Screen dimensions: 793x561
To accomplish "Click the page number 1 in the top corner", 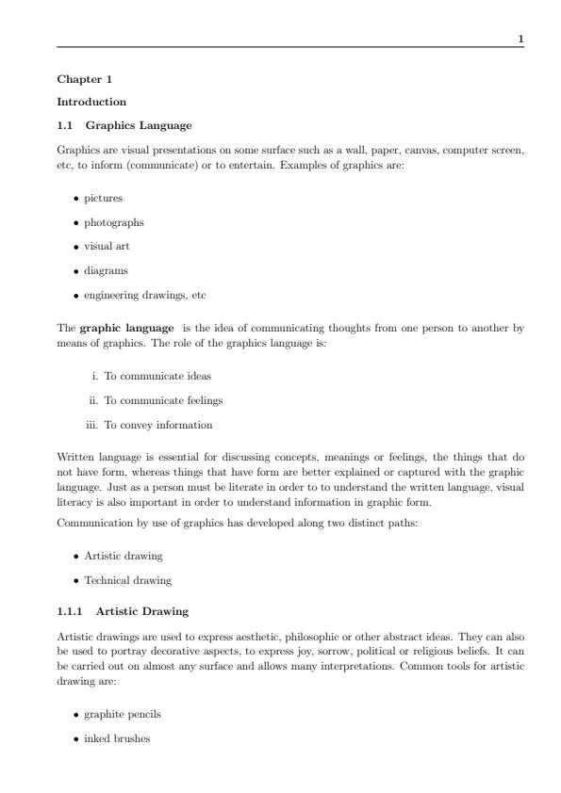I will (x=521, y=39).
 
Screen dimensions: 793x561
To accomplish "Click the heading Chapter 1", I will (x=84, y=79).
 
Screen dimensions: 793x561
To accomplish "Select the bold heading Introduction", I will (x=91, y=102).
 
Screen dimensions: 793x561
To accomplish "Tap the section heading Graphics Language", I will (x=138, y=124).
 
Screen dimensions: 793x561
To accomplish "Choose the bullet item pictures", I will (x=103, y=198).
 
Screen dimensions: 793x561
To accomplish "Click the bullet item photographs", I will (x=113, y=222).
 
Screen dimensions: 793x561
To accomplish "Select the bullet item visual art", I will (x=107, y=246).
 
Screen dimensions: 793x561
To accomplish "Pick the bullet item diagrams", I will (x=106, y=270).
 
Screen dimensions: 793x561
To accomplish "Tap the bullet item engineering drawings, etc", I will (x=144, y=295).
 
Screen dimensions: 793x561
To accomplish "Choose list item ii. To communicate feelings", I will (x=156, y=400).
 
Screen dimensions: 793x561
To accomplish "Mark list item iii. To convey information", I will (x=151, y=425).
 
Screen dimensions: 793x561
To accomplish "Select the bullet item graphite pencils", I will (x=122, y=715).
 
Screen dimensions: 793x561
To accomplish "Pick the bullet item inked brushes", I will (x=117, y=739).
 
